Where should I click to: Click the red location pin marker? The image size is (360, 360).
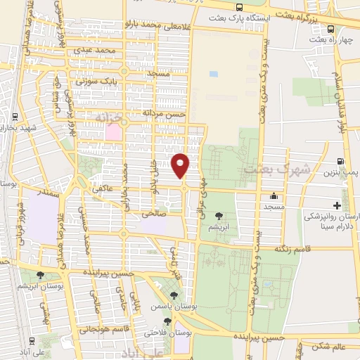click(x=181, y=165)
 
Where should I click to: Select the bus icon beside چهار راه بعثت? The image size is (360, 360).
click(x=330, y=29)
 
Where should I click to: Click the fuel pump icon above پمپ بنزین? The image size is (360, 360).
click(x=341, y=161)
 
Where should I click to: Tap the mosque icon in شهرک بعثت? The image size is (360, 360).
click(x=274, y=196)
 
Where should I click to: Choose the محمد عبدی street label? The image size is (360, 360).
click(x=96, y=51)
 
